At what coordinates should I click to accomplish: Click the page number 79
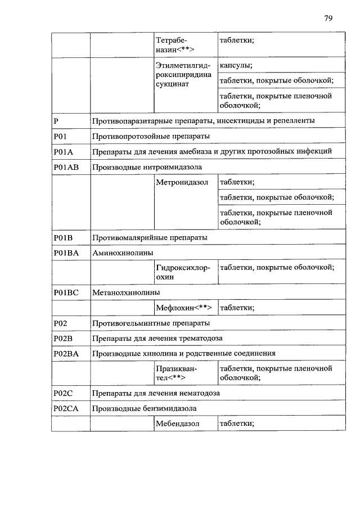(x=328, y=18)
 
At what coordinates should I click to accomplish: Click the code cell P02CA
(x=66, y=408)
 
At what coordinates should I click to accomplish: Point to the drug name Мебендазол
(x=179, y=423)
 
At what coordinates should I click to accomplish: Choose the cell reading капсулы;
(x=236, y=65)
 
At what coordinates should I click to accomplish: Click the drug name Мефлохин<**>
(x=184, y=308)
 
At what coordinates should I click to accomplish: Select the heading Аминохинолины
(x=123, y=253)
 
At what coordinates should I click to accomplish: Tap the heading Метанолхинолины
(x=126, y=292)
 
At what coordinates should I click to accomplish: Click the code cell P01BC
(x=66, y=292)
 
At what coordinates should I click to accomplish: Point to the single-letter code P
(x=56, y=121)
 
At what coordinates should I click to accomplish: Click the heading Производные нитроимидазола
(x=147, y=167)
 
